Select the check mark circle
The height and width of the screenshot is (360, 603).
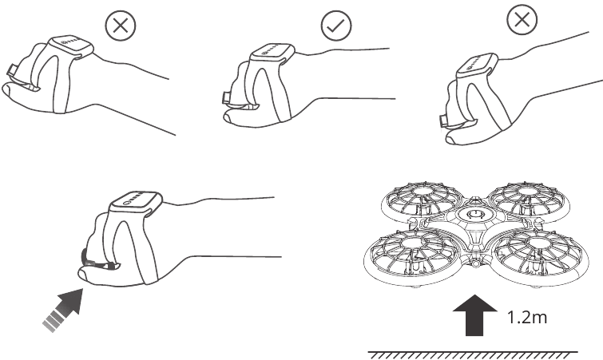(x=336, y=26)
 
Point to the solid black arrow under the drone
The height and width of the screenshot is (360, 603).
(x=474, y=315)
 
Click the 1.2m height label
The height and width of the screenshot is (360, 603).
(x=527, y=318)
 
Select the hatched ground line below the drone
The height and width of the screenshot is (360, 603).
(x=473, y=354)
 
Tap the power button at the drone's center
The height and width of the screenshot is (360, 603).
(x=472, y=215)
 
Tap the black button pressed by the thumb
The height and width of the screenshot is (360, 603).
(x=85, y=256)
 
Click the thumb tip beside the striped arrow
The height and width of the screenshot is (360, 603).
(x=84, y=275)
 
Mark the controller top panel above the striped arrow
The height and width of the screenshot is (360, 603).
(x=136, y=200)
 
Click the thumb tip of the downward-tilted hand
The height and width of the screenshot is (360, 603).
(x=451, y=139)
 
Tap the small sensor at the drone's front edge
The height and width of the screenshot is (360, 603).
(x=476, y=264)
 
